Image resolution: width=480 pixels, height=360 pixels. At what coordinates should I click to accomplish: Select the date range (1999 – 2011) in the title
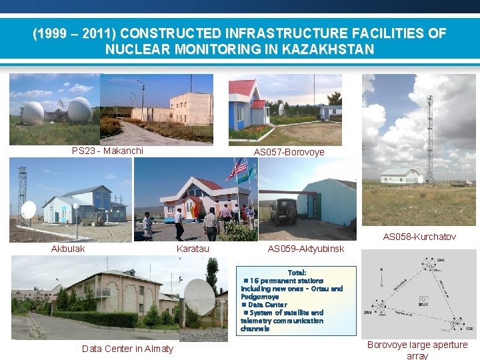tap(75, 33)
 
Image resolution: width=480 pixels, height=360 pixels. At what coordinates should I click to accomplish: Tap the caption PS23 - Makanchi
tap(107, 151)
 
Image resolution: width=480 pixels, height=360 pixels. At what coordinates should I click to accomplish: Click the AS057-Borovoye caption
tap(289, 152)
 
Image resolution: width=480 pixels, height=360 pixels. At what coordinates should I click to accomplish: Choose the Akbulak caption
tap(68, 249)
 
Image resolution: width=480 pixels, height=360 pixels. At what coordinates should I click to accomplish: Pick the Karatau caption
tap(193, 249)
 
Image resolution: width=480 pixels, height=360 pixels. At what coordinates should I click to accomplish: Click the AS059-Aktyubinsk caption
tap(305, 249)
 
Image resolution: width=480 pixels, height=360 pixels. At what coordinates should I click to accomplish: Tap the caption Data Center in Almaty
tap(127, 349)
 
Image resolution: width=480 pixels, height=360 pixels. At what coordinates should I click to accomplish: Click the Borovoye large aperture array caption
tap(417, 350)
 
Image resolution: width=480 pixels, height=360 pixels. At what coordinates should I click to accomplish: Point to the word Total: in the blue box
tap(297, 273)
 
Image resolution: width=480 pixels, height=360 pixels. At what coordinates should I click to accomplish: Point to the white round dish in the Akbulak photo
tap(29, 211)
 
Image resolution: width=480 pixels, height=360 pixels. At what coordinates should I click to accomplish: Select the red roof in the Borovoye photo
tap(242, 87)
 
